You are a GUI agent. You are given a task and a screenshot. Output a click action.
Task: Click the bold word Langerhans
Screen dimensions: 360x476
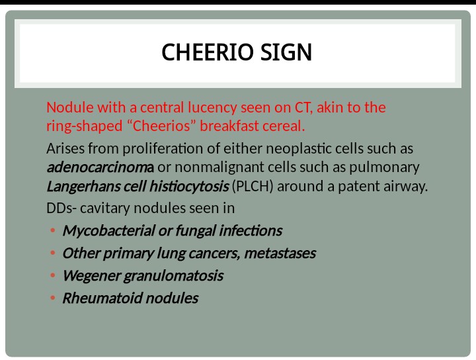tap(85, 187)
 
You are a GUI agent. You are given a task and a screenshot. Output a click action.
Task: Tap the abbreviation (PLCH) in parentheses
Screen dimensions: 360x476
tap(253, 187)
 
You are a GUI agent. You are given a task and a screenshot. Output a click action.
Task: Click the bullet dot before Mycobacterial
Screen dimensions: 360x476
tap(52, 231)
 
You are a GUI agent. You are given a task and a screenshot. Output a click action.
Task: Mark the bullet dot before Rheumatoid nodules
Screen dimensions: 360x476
tap(52, 298)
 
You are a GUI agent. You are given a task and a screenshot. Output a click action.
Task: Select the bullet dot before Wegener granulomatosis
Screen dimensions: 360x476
tap(52, 276)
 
